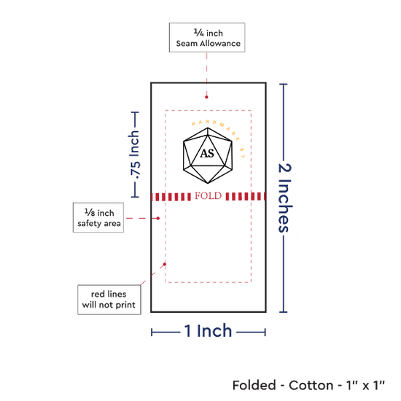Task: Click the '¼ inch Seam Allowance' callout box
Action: point(207,38)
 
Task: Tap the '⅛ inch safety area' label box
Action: point(98,218)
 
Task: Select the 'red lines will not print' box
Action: point(109,300)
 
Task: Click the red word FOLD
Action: point(209,196)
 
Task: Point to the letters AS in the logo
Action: point(207,153)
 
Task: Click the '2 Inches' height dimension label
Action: point(285,198)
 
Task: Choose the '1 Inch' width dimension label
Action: point(208,331)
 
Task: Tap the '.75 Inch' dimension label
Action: point(135,155)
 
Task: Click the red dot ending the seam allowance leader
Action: point(206,97)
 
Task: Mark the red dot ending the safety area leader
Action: point(158,218)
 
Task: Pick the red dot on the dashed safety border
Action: point(165,264)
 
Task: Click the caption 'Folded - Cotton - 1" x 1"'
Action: point(308,385)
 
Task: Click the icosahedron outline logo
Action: point(208,155)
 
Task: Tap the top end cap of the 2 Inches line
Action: point(284,84)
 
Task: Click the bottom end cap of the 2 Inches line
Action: point(284,312)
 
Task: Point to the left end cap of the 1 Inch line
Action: point(152,332)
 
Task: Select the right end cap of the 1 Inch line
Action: point(265,332)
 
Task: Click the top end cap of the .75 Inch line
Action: point(135,112)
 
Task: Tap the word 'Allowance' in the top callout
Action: point(220,44)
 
